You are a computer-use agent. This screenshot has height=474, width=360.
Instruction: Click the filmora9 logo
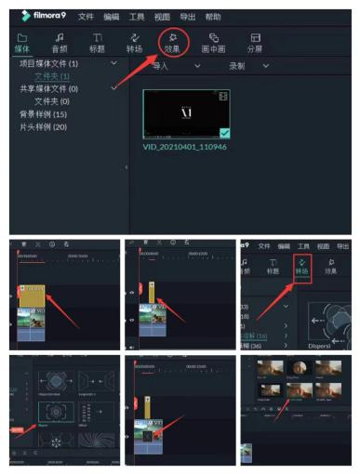coord(38,16)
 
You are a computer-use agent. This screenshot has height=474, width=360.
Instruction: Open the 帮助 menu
coord(213,17)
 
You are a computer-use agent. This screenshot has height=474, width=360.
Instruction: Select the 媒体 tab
coord(22,43)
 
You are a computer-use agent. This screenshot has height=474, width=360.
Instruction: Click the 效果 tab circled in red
coord(171,43)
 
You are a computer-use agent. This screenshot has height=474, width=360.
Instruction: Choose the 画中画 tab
coord(214,43)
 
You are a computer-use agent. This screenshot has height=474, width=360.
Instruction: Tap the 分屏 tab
coord(255,43)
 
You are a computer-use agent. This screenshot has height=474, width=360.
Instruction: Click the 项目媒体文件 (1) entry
coord(49,63)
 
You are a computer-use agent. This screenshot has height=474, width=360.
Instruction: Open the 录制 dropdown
coord(245,66)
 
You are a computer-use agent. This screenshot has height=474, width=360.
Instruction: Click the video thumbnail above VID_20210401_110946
coord(186,113)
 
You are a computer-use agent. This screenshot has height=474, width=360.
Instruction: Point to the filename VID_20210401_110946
coord(187,147)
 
